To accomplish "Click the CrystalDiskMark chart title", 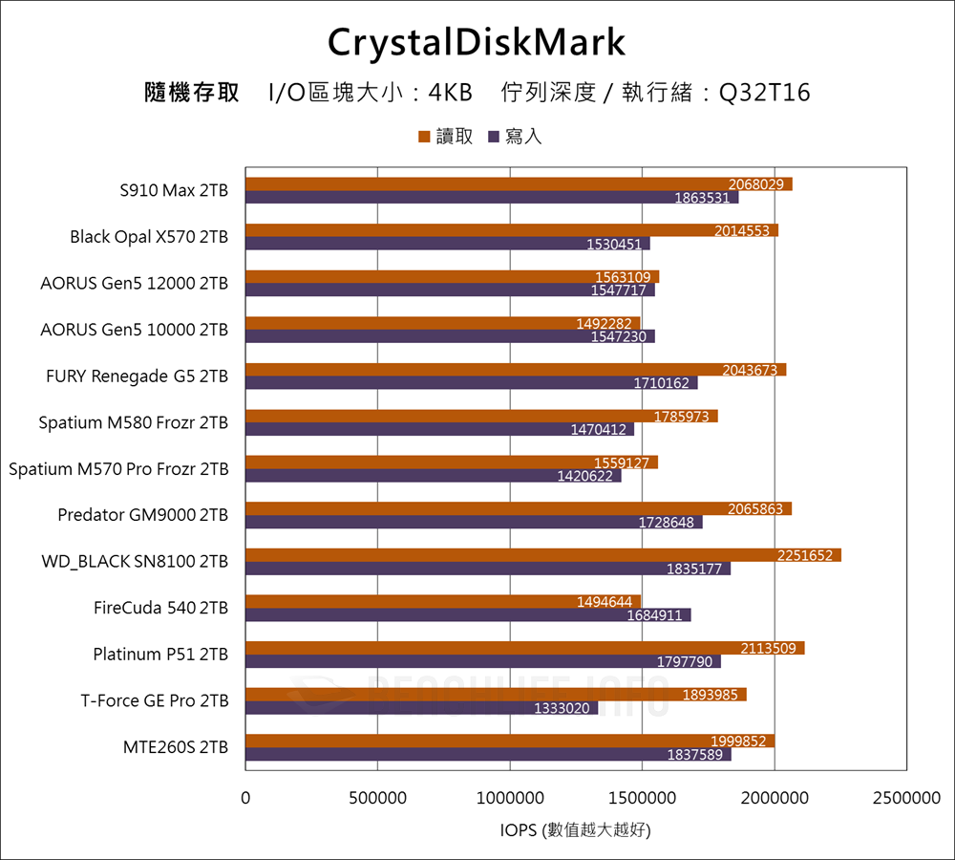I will [x=477, y=42].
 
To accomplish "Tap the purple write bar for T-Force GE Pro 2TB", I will [x=421, y=708].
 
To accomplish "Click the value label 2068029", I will [x=756, y=184].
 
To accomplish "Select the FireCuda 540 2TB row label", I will [x=160, y=608].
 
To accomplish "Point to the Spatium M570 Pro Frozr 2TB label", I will [x=118, y=469].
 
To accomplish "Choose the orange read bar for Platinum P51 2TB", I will [x=524, y=648].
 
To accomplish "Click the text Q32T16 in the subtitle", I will [x=764, y=93].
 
